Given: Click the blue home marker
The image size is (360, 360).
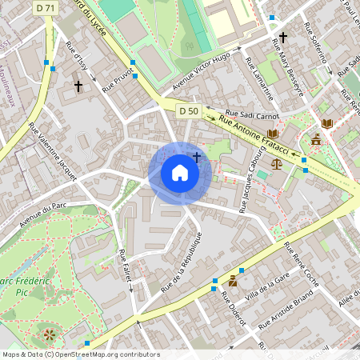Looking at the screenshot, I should pyautogui.click(x=180, y=173).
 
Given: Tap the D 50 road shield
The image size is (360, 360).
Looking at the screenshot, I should pyautogui.click(x=188, y=110).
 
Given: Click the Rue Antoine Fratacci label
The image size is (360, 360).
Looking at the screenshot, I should pyautogui.click(x=254, y=134).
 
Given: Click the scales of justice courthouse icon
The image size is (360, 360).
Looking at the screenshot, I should pyautogui.click(x=277, y=162).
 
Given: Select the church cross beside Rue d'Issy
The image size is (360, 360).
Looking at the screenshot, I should pyautogui.click(x=78, y=85).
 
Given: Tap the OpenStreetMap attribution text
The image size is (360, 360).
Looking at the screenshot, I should pyautogui.click(x=80, y=354).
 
